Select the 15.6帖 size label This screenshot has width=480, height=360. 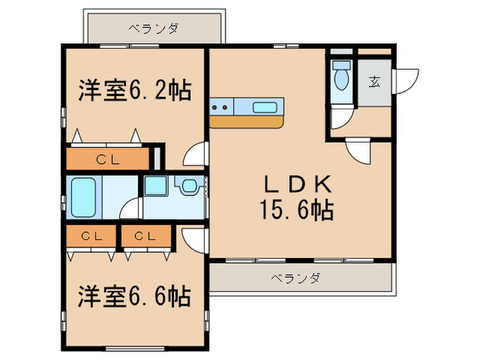click(296, 210)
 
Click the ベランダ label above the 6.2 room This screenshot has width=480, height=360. click(154, 29)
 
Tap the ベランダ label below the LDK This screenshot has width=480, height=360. click(294, 278)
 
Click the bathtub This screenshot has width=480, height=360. click(84, 196)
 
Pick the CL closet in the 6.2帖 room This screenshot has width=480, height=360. click(108, 160)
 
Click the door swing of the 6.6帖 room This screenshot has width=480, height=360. click(195, 237)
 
